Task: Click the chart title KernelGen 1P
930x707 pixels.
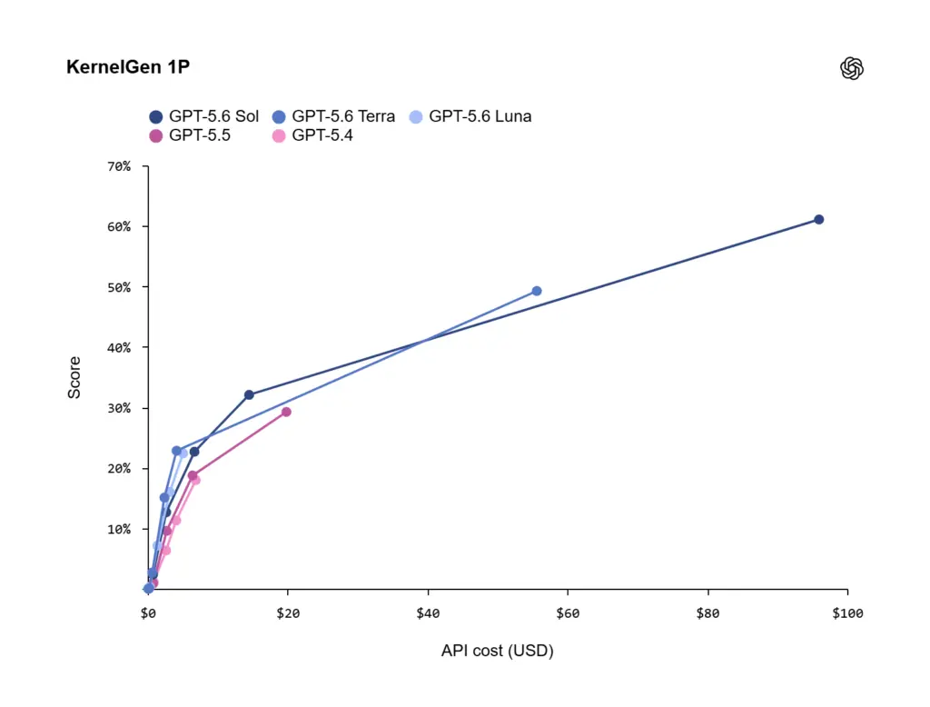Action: pyautogui.click(x=128, y=67)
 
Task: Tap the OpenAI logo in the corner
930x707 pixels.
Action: pyautogui.click(x=852, y=68)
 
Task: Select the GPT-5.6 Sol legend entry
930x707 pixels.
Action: pyautogui.click(x=204, y=116)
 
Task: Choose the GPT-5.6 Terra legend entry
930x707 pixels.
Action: pyautogui.click(x=333, y=116)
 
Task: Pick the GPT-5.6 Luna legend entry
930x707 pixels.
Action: pyautogui.click(x=470, y=116)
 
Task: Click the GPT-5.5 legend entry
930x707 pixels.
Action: pyautogui.click(x=190, y=135)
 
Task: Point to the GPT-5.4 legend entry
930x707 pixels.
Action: pyautogui.click(x=312, y=135)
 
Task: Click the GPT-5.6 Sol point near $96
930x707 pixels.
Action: pyautogui.click(x=818, y=220)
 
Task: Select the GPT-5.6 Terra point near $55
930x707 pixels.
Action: pyautogui.click(x=537, y=291)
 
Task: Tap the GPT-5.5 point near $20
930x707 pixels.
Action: pyautogui.click(x=286, y=412)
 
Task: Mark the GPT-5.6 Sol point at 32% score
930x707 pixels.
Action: pyautogui.click(x=249, y=394)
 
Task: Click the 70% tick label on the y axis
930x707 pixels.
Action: pyautogui.click(x=119, y=167)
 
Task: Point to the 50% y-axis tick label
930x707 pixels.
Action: pyautogui.click(x=119, y=287)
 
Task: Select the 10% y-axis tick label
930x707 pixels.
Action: pyautogui.click(x=119, y=529)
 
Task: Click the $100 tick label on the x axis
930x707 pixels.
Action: pyautogui.click(x=847, y=613)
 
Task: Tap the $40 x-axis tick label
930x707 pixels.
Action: pyautogui.click(x=428, y=613)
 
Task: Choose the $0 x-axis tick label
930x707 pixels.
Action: pyautogui.click(x=148, y=613)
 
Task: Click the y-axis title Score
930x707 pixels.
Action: pyautogui.click(x=74, y=377)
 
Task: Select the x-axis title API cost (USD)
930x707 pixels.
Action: pyautogui.click(x=497, y=652)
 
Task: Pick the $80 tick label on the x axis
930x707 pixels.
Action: pyautogui.click(x=707, y=613)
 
